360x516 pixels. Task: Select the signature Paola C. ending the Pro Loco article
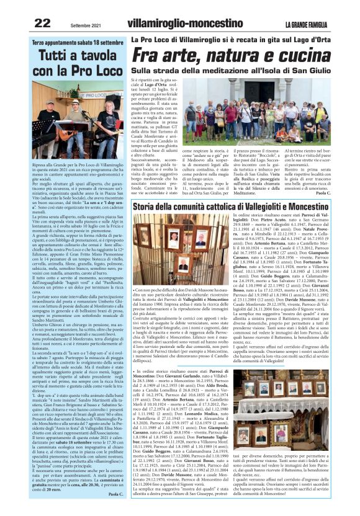tap(116, 494)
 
